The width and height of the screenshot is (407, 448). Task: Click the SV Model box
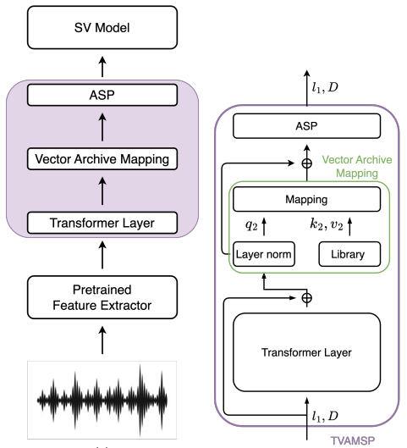[x=102, y=27]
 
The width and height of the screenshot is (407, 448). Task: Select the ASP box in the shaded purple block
[x=102, y=95]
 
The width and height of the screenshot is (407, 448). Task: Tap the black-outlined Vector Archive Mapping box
[x=102, y=159]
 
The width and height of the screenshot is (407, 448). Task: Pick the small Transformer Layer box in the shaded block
[x=102, y=223]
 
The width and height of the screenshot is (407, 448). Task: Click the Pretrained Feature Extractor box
[x=102, y=297]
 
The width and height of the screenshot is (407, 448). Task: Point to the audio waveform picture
[x=102, y=400]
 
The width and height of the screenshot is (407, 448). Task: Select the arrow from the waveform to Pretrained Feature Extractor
[x=102, y=340]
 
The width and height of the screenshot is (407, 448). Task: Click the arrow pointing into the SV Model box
[x=102, y=67]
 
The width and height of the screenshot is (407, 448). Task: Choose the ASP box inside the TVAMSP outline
[x=307, y=126]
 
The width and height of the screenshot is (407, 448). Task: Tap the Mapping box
[x=307, y=199]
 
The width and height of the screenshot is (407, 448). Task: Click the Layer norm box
[x=264, y=254]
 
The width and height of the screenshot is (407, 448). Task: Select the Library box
[x=349, y=254]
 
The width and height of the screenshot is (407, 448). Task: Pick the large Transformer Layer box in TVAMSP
[x=307, y=352]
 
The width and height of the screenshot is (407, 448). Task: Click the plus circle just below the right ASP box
[x=307, y=163]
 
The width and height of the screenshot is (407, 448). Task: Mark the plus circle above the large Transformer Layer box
[x=307, y=298]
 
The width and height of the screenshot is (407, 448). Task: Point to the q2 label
[x=251, y=225]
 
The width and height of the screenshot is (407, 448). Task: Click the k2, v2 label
[x=327, y=224]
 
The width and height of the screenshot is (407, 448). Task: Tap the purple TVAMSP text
[x=353, y=440]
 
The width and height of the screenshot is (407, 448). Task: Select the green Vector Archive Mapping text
[x=357, y=166]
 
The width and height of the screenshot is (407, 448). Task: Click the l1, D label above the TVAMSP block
[x=325, y=87]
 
